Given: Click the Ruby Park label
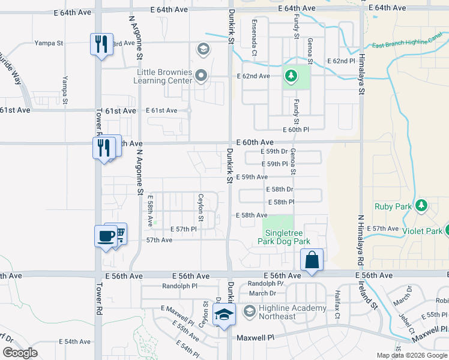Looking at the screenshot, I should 393,206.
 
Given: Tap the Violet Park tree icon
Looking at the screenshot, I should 447,230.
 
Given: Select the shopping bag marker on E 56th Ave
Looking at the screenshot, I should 312,260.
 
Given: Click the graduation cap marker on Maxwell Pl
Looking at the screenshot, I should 224,315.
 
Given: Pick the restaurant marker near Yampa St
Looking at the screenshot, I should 101,44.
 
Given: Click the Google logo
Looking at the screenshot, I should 20,353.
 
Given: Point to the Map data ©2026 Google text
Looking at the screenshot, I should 411,355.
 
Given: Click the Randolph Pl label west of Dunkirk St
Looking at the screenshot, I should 180,286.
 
